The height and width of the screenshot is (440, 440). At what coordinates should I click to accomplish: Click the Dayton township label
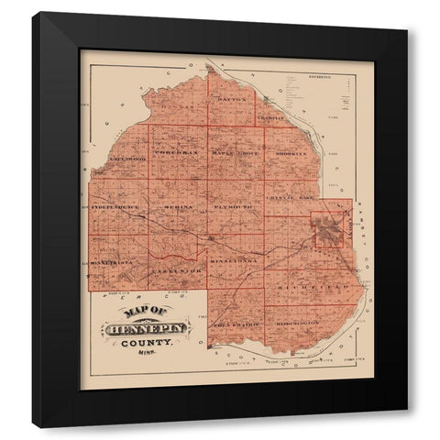point(234,95)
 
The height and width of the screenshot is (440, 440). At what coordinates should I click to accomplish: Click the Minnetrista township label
point(114,262)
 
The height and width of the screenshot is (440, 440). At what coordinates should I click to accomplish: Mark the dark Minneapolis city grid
point(328,230)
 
